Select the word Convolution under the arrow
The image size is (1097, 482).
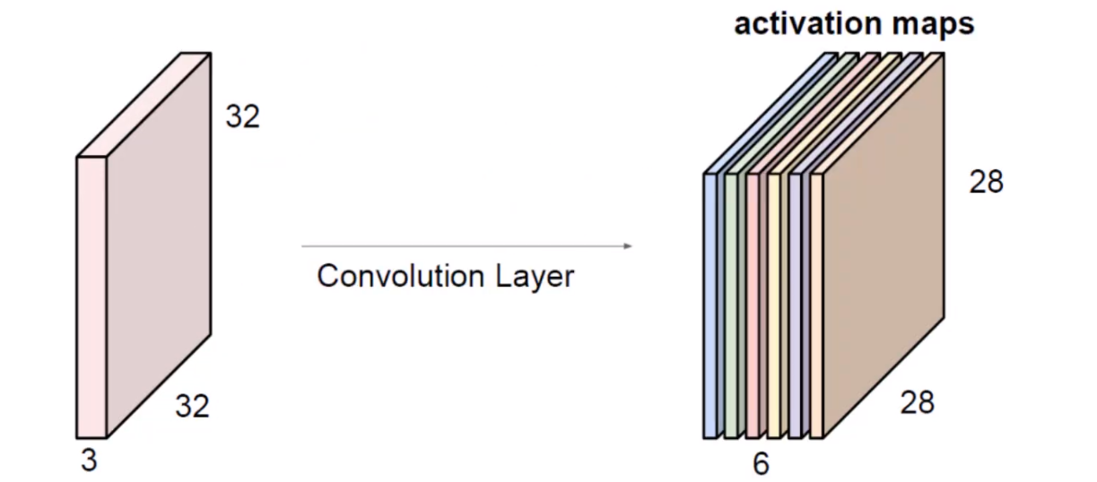389,276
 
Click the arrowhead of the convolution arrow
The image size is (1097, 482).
628,245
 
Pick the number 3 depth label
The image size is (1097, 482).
88,461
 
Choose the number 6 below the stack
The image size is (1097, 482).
761,463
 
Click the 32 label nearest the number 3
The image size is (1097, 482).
191,407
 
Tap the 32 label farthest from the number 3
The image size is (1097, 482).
241,116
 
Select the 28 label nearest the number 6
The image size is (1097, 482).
917,402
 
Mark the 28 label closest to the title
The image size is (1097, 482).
986,182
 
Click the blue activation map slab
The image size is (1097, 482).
710,305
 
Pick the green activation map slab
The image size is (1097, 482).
731,305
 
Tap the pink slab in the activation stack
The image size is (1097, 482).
753,305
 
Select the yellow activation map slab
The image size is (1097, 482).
774,305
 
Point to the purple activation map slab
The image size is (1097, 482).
796,305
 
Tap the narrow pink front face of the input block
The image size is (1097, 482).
91,296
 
